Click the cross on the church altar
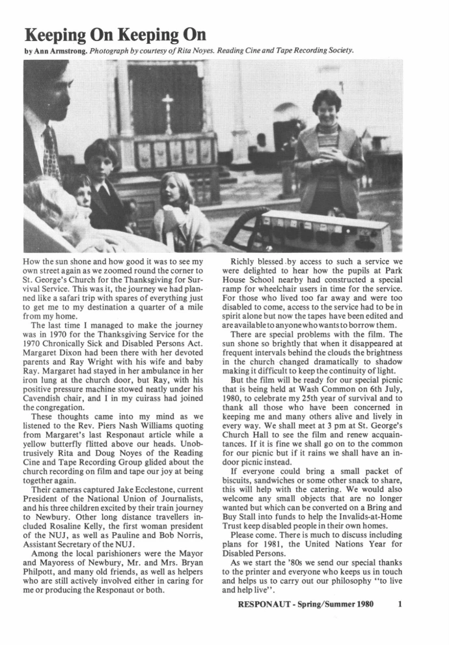tap(167, 105)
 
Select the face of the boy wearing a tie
tap(101, 160)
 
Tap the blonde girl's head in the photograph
tap(174, 189)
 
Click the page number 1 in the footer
tap(401, 603)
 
